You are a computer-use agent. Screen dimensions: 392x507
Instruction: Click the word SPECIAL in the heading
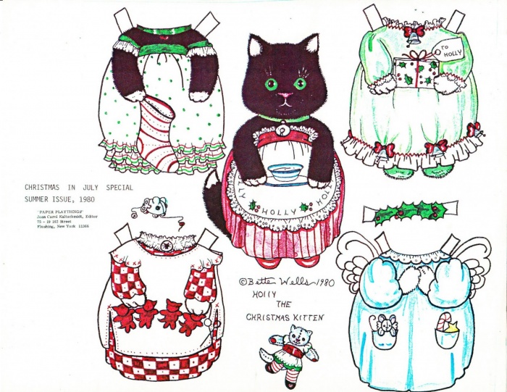point(121,187)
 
